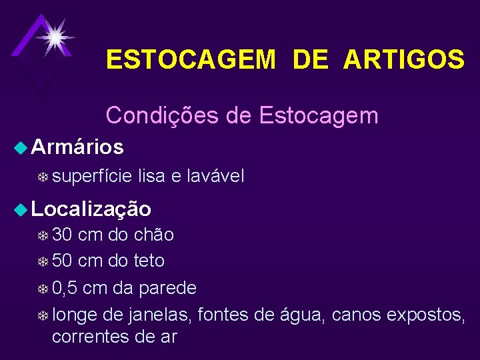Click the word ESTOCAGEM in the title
pos(191,61)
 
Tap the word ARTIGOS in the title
pos(404,61)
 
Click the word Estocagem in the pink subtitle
pos(318,115)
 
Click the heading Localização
pos(91,209)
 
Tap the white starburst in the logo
pos(54,36)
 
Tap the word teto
pos(149,261)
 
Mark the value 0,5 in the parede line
pos(67,287)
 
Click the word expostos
pos(426,314)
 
